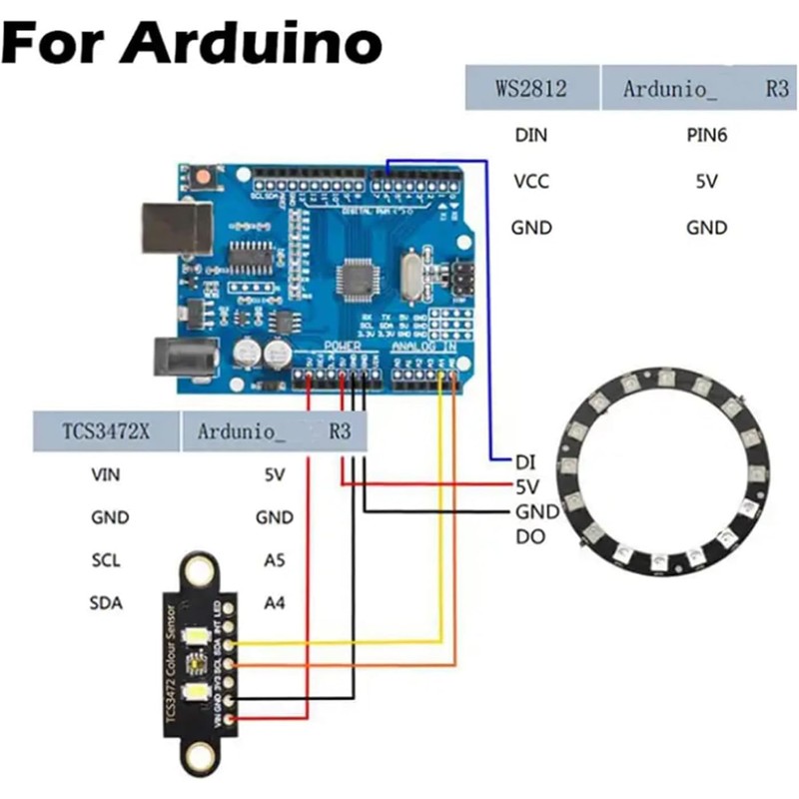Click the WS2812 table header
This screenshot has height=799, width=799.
pos(530,88)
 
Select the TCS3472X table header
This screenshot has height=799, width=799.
pos(105,431)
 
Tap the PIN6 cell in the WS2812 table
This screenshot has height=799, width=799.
pos(706,134)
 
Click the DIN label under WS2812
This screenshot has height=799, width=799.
pos(530,134)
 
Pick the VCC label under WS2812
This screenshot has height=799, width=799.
pos(530,182)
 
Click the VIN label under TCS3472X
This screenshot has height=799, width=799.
pos(105,475)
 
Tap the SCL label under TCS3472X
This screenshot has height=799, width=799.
pos(105,560)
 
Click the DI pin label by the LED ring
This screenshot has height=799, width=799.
pos(526,462)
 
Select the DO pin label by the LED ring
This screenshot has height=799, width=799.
pos(529,536)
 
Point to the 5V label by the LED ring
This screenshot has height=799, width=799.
pos(528,487)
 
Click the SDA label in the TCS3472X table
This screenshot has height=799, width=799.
pos(105,602)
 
